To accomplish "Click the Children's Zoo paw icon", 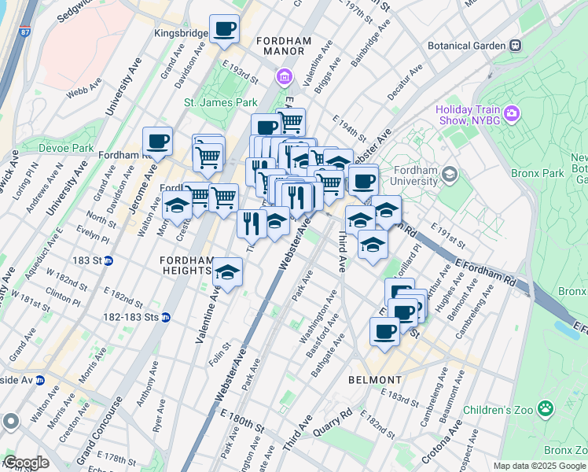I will point(544,408).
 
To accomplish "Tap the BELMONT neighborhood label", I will point(374,379).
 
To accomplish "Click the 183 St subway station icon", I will point(108,260).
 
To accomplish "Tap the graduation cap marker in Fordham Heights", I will point(227,272).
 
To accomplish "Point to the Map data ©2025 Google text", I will point(540,466).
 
